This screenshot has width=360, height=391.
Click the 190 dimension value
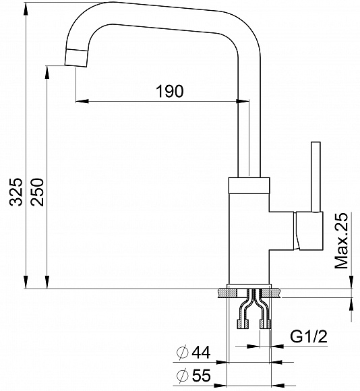(169, 92)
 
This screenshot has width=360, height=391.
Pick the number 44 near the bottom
(202, 353)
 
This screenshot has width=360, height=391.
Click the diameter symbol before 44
(181, 353)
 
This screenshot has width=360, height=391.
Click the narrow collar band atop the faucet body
(250, 183)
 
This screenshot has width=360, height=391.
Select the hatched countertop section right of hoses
(276, 294)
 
